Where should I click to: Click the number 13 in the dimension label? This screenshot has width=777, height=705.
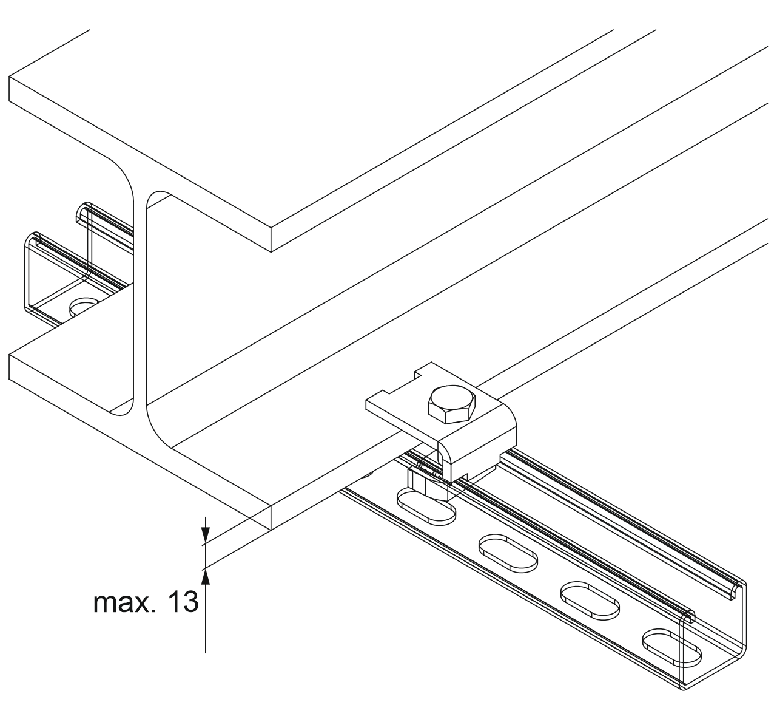181,603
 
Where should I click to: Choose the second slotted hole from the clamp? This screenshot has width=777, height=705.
508,553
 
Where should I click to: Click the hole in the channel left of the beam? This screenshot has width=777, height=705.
84,306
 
